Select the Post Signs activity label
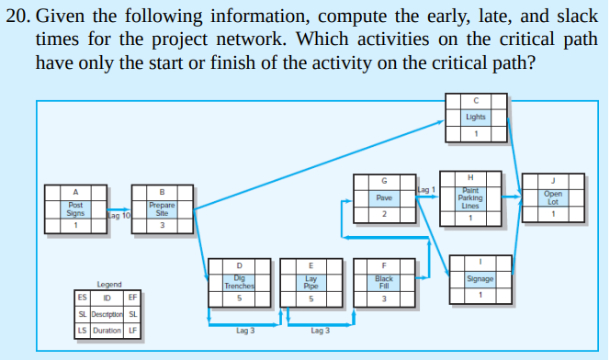(x=75, y=208)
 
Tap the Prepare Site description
(x=162, y=208)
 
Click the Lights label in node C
(x=475, y=118)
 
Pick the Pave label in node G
(x=385, y=197)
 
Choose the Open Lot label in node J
(x=552, y=197)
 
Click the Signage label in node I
(x=480, y=278)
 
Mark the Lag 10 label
(x=119, y=215)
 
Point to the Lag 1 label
(x=426, y=189)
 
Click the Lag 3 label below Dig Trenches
(x=245, y=330)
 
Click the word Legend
(x=110, y=285)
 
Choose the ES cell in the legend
(x=83, y=298)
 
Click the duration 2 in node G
(x=385, y=214)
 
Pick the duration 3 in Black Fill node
(x=384, y=298)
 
